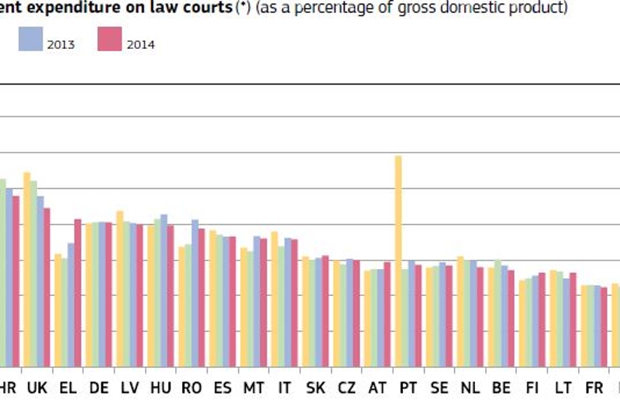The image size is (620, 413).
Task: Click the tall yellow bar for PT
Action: pyautogui.click(x=398, y=260)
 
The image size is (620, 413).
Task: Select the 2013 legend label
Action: pyautogui.click(x=60, y=45)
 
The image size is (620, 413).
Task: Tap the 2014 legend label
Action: pyautogui.click(x=141, y=45)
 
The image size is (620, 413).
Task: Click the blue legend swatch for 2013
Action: pyautogui.click(x=31, y=39)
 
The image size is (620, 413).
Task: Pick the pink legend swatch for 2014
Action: pyautogui.click(x=110, y=39)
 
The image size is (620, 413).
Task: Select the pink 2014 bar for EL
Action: pyautogui.click(x=77, y=293)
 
